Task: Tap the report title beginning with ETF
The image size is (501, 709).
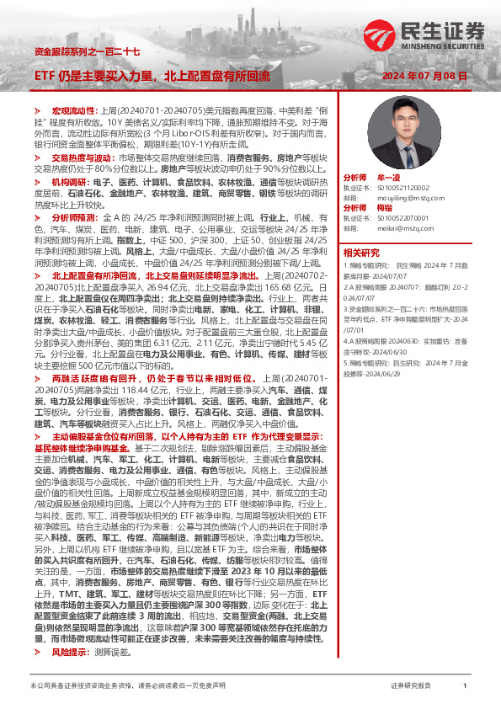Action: [152, 76]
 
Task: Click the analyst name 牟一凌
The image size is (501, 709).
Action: [387, 179]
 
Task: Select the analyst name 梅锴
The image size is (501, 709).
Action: [384, 207]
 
